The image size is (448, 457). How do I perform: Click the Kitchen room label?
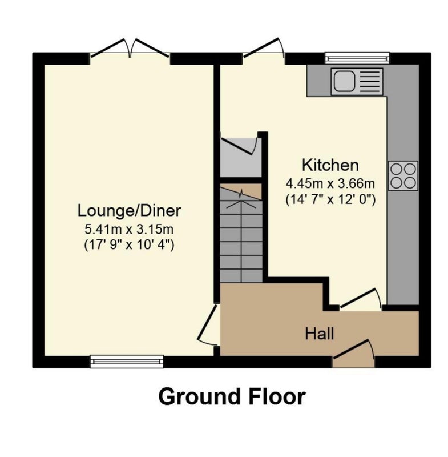click(330, 165)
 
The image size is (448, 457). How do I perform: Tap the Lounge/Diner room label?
click(129, 211)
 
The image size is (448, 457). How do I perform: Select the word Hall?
click(320, 334)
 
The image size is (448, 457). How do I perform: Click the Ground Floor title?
click(232, 396)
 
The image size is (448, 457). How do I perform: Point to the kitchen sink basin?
click(344, 81)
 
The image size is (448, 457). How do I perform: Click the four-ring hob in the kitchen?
click(403, 176)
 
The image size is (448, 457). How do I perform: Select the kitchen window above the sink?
click(357, 58)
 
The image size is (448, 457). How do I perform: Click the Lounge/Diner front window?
click(127, 362)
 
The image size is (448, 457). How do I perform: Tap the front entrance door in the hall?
click(353, 353)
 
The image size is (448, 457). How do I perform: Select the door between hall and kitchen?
click(361, 299)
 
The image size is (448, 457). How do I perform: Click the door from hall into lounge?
click(208, 326)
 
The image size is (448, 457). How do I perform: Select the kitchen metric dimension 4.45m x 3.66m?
click(330, 184)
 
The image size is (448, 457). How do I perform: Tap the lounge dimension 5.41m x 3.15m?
click(129, 230)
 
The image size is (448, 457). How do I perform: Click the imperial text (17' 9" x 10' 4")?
click(129, 245)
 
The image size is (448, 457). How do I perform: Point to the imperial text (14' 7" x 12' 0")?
click(330, 199)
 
